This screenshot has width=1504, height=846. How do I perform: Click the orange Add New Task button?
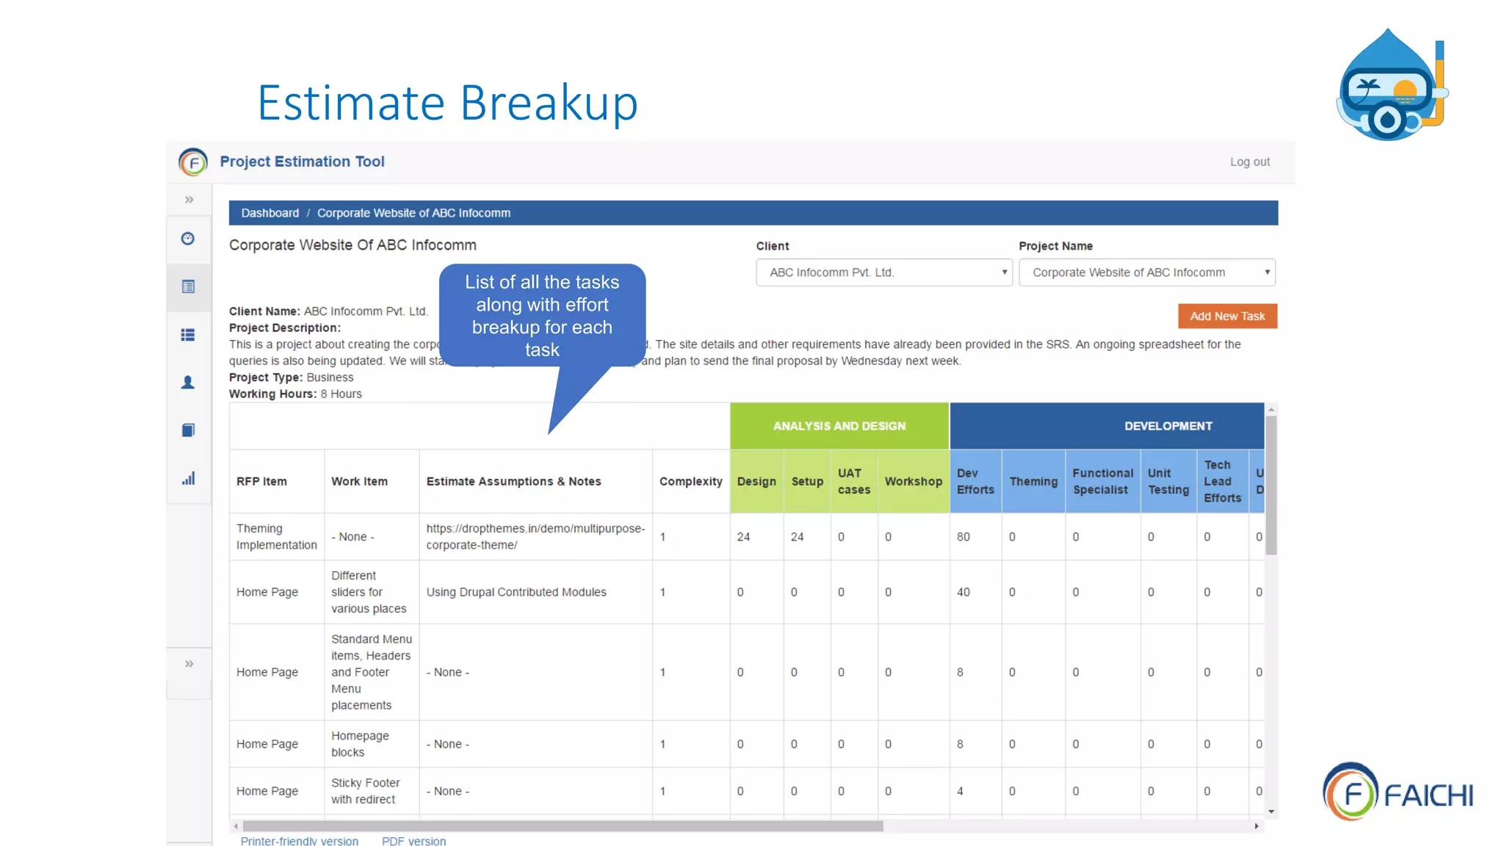tap(1227, 316)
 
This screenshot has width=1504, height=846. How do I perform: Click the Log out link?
tap(1249, 162)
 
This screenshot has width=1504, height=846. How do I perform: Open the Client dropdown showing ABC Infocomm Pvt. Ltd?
tap(883, 272)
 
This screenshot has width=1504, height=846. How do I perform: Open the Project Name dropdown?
tap(1146, 272)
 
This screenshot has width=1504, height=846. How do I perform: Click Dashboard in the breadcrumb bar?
tap(270, 213)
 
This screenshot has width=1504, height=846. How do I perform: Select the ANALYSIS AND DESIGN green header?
tap(839, 426)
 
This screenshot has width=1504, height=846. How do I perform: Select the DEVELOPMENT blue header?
tap(1168, 426)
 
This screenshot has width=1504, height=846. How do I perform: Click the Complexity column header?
tap(690, 481)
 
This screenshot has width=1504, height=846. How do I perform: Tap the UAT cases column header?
tap(853, 481)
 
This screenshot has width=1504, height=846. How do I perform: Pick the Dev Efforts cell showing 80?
tap(963, 537)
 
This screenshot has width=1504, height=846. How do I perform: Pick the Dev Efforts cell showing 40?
tap(963, 592)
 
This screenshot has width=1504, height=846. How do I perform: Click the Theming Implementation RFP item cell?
tap(276, 537)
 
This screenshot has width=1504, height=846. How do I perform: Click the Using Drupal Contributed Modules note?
tap(516, 592)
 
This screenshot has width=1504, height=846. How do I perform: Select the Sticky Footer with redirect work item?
tap(365, 791)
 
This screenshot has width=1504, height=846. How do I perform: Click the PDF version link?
tap(413, 840)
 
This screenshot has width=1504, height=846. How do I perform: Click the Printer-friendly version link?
tap(299, 840)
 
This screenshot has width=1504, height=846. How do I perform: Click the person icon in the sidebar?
tap(188, 383)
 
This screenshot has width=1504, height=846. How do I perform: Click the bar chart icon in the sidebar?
tap(188, 478)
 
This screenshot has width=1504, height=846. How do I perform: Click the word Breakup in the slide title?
tap(549, 103)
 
